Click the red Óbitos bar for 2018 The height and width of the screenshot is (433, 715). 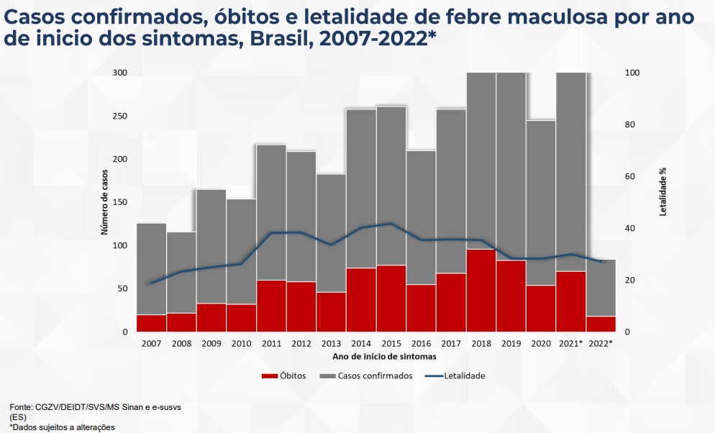pyautogui.click(x=481, y=291)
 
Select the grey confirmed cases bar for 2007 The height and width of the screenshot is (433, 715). pyautogui.click(x=151, y=269)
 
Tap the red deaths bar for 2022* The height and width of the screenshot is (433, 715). pyautogui.click(x=601, y=324)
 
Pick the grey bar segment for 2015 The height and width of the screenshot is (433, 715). pyautogui.click(x=391, y=186)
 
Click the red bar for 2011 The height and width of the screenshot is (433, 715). pyautogui.click(x=271, y=306)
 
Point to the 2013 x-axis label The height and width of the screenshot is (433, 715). pyautogui.click(x=331, y=344)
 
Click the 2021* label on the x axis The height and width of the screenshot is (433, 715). pyautogui.click(x=570, y=344)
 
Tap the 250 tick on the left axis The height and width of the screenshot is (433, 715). pyautogui.click(x=120, y=117)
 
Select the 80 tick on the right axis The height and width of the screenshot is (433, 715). pyautogui.click(x=629, y=124)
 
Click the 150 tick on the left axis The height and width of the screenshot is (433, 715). pyautogui.click(x=120, y=202)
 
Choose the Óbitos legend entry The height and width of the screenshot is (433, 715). pyautogui.click(x=283, y=376)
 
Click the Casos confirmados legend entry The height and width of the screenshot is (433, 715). pyautogui.click(x=366, y=376)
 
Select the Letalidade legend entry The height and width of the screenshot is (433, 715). pyautogui.click(x=455, y=376)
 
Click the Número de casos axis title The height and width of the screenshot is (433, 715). pyautogui.click(x=104, y=202)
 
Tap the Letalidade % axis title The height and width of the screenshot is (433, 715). pyautogui.click(x=663, y=192)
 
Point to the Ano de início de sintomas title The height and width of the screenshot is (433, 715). pyautogui.click(x=384, y=357)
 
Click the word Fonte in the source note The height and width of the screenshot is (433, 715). pyautogui.click(x=21, y=407)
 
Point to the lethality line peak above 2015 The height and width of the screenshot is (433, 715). pyautogui.click(x=391, y=224)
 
